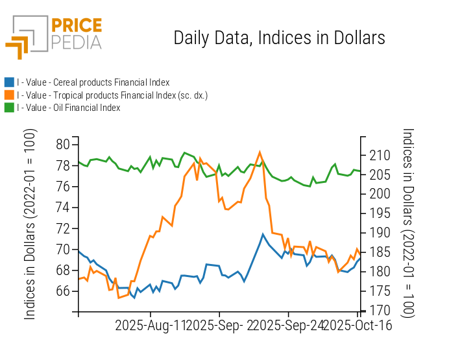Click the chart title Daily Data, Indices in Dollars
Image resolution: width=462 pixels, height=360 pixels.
pos(279,38)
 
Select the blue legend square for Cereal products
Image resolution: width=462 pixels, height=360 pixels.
pos(9,82)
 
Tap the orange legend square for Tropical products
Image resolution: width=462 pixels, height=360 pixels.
pos(9,95)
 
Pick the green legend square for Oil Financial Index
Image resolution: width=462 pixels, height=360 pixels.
pos(9,108)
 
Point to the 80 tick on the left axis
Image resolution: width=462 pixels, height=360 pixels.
pos(64,144)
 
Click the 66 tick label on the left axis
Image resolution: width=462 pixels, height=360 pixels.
pos(64,291)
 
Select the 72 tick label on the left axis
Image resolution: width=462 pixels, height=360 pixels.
pos(64,228)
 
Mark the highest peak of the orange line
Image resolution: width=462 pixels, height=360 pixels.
pos(260,152)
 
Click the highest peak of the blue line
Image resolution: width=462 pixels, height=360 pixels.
pos(262,234)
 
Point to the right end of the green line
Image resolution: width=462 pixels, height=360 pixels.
pos(360,171)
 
